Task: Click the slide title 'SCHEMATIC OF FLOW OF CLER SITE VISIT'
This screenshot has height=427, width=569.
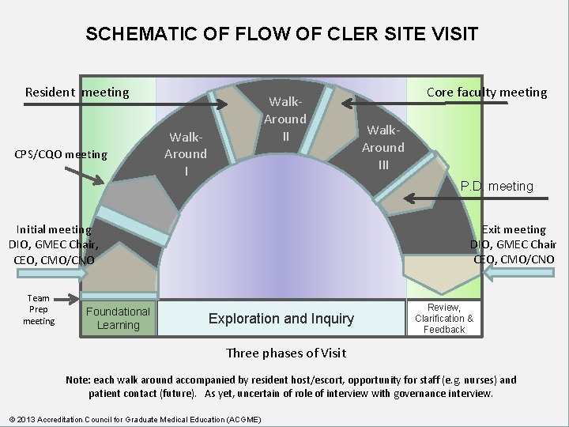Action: coord(281,34)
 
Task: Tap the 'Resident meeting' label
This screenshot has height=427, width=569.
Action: coord(77,93)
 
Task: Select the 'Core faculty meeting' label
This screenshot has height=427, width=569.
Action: coord(486,92)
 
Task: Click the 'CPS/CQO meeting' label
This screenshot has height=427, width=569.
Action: coord(60,154)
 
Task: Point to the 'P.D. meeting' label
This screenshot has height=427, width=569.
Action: coord(497,187)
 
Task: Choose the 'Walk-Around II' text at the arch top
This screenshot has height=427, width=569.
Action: coord(284,119)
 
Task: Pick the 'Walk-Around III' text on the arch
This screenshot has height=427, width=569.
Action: coord(383,147)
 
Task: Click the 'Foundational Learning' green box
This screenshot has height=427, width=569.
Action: coord(118,318)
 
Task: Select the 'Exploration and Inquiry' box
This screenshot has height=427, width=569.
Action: coord(281,319)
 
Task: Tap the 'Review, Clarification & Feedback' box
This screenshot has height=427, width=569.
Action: coord(444,318)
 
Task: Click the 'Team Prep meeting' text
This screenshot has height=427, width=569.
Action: coord(39,310)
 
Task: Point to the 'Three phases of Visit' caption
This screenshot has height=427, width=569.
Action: coord(286,353)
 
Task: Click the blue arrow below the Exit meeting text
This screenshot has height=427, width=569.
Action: coord(522,273)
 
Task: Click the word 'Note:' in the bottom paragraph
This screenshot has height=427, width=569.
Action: coord(80,380)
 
